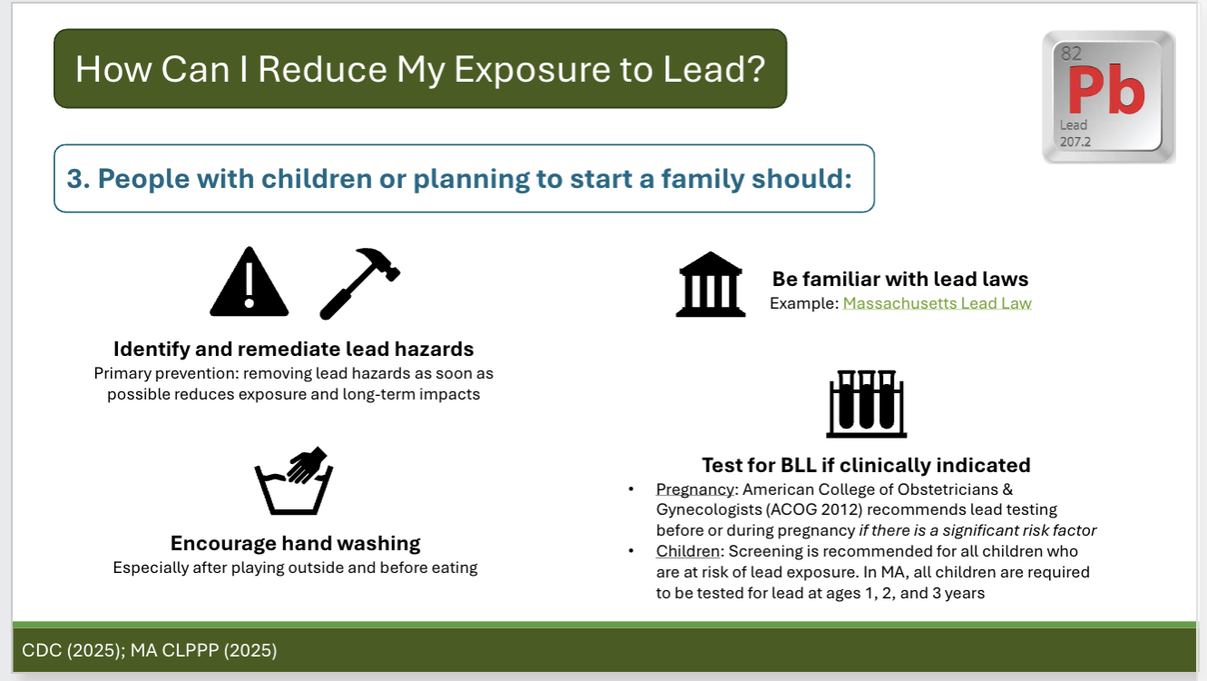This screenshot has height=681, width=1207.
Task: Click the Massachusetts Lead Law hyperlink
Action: point(937,303)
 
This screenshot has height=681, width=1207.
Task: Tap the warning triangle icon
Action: point(249,283)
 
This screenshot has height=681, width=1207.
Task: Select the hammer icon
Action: point(359,282)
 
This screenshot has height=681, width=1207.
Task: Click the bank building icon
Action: point(711,285)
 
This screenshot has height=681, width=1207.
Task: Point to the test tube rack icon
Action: point(866,404)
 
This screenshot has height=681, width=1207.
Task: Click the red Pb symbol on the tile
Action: point(1105,91)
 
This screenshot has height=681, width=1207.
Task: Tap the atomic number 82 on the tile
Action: point(1071,54)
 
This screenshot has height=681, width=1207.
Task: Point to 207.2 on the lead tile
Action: point(1075,143)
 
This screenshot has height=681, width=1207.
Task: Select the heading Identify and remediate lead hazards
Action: point(293,349)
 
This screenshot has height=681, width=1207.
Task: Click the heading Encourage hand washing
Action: point(295,544)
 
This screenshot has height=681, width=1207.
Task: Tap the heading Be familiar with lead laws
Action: point(900,279)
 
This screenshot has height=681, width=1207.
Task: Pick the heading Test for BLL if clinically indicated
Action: point(866,466)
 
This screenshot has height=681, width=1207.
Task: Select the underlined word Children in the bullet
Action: point(685,552)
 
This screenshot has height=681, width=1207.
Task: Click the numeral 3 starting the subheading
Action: point(75,178)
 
